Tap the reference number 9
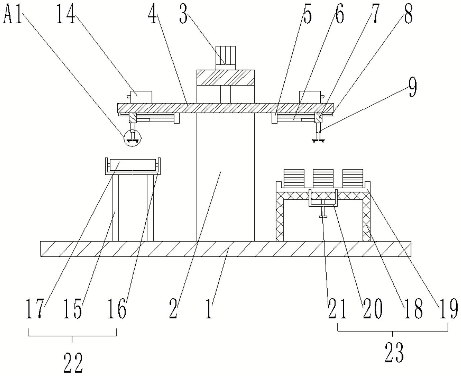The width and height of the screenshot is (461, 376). (x=412, y=88)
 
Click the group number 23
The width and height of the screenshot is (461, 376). (x=394, y=353)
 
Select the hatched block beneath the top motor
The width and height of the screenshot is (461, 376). (x=225, y=77)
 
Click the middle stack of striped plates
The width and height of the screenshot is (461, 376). (x=323, y=178)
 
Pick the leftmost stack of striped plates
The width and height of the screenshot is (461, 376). (x=294, y=178)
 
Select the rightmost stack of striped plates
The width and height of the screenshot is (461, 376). (x=353, y=178)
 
